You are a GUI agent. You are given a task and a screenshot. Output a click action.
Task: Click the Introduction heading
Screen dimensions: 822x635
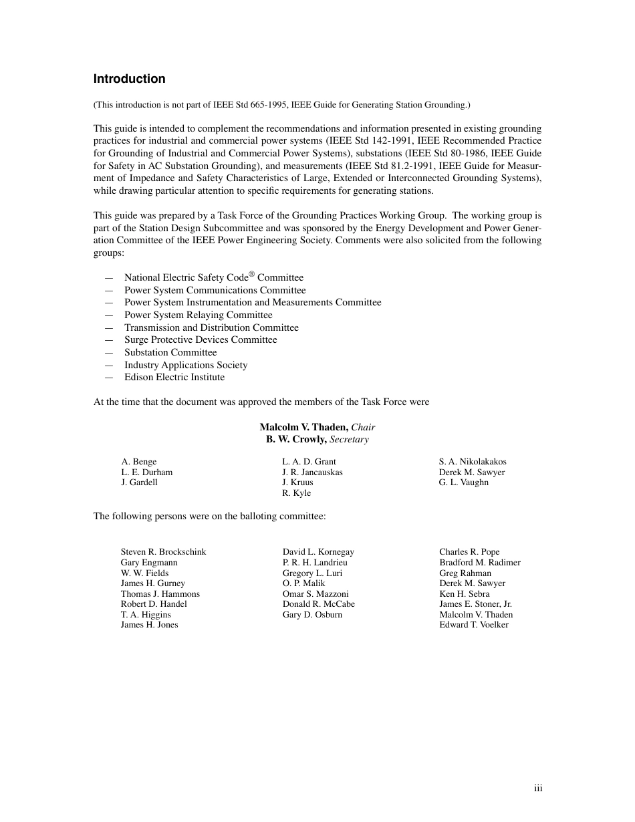[129, 79]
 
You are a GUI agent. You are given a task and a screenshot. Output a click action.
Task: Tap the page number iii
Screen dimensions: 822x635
[538, 789]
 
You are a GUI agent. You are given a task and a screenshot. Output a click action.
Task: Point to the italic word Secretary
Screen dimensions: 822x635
[349, 440]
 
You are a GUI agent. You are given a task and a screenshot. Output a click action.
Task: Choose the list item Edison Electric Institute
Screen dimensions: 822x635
[174, 378]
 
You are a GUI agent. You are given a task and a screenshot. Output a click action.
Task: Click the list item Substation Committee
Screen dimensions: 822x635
[170, 353]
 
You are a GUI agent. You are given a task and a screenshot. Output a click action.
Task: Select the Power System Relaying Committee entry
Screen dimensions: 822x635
[198, 315]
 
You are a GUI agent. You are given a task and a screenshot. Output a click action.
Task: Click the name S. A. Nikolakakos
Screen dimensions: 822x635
[473, 462]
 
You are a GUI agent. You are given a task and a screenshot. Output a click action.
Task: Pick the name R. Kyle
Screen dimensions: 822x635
[296, 493]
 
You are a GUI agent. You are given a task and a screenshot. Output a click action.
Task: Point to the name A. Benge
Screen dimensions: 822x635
[139, 462]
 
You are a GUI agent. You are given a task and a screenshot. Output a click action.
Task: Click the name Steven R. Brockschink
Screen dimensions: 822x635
[163, 552]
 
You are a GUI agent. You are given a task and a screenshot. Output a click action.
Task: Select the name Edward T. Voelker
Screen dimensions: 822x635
[474, 625]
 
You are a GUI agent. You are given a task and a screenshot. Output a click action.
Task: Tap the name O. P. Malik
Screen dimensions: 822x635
[303, 583]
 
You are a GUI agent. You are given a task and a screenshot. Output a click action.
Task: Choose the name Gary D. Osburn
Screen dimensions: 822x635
[312, 615]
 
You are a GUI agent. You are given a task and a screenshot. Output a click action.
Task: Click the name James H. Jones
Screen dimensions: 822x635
[149, 625]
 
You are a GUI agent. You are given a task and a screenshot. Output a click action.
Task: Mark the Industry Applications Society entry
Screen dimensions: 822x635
[186, 366]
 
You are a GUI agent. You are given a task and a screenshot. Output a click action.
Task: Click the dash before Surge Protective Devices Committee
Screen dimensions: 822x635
[109, 340]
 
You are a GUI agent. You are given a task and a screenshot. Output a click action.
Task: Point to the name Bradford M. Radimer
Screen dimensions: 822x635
[479, 563]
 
